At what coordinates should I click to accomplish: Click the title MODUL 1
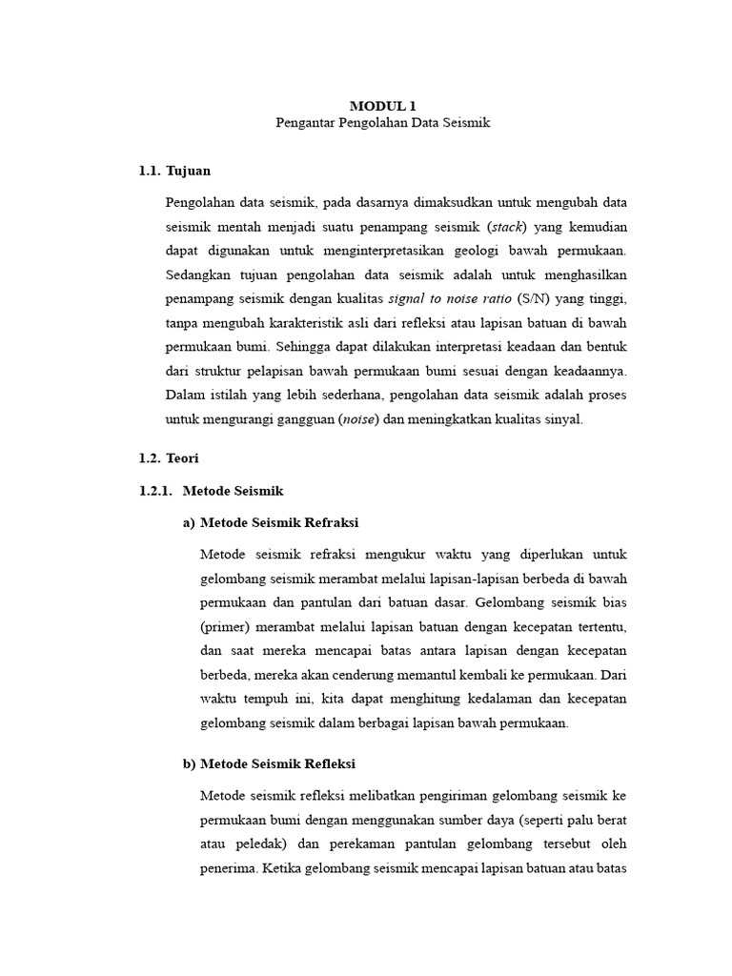(x=381, y=106)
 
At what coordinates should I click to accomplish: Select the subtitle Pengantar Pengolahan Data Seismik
(x=382, y=125)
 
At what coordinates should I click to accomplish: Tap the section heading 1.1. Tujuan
(x=174, y=171)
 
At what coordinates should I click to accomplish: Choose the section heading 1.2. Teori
(x=169, y=458)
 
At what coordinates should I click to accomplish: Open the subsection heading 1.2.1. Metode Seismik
(x=211, y=491)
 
